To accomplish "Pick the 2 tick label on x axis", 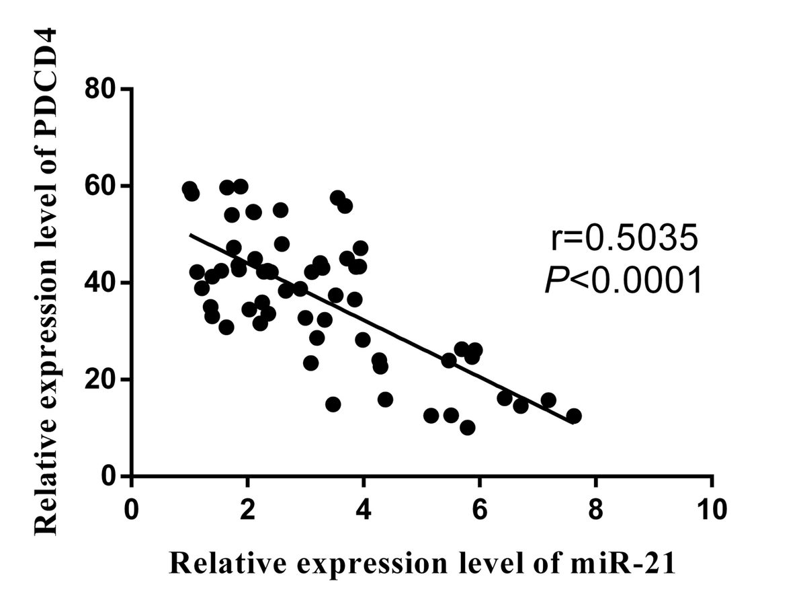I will pos(248,509).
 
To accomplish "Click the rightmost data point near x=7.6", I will pos(573,416).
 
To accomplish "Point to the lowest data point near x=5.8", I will pos(468,428).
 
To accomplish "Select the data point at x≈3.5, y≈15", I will pos(333,404).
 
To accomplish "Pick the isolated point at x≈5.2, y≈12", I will pos(431,416).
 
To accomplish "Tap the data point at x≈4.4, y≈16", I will pos(385,400).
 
